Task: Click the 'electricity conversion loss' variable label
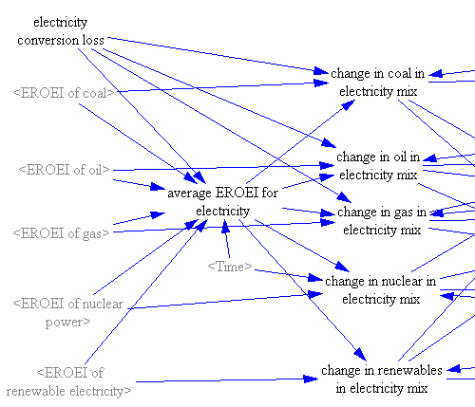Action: coord(61,31)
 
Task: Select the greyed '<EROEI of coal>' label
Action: coord(64,93)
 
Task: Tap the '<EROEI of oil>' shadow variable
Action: coord(64,170)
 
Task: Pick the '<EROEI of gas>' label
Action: coord(61,233)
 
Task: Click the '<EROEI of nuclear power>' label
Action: coord(68,313)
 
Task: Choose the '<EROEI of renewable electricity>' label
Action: coord(68,381)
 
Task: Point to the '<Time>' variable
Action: coord(230,267)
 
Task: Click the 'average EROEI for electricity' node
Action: coord(222,202)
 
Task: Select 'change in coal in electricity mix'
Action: coord(378,83)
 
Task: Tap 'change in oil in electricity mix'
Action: coord(378,166)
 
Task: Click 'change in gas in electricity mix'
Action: coord(382,221)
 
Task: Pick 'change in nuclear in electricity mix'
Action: coord(381,290)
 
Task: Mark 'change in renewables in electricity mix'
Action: coord(382,379)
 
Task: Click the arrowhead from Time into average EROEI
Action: coord(225,227)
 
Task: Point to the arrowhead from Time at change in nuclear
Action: coord(316,278)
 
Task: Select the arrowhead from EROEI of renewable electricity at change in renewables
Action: coord(311,379)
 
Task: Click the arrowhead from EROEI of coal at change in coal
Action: coord(321,83)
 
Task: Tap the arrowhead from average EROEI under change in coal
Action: coord(350,104)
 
